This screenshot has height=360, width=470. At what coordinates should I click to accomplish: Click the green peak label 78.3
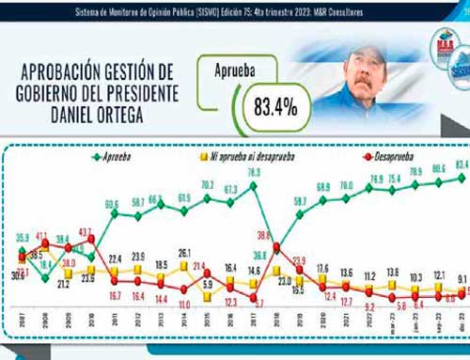253,174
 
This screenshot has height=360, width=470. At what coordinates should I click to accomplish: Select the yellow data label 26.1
185,252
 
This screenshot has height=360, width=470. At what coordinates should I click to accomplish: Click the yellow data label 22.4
115,258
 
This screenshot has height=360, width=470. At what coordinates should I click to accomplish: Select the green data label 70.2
208,184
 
